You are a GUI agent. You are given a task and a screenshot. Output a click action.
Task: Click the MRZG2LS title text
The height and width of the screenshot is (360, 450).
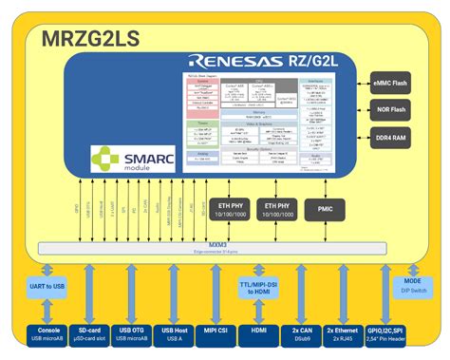click(x=89, y=40)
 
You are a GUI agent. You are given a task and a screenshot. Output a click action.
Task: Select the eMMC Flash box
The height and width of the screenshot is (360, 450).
click(x=391, y=85)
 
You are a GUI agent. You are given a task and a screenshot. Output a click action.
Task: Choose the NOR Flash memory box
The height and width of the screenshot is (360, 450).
click(x=391, y=110)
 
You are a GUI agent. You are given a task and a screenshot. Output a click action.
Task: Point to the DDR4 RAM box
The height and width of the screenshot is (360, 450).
click(x=391, y=137)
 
